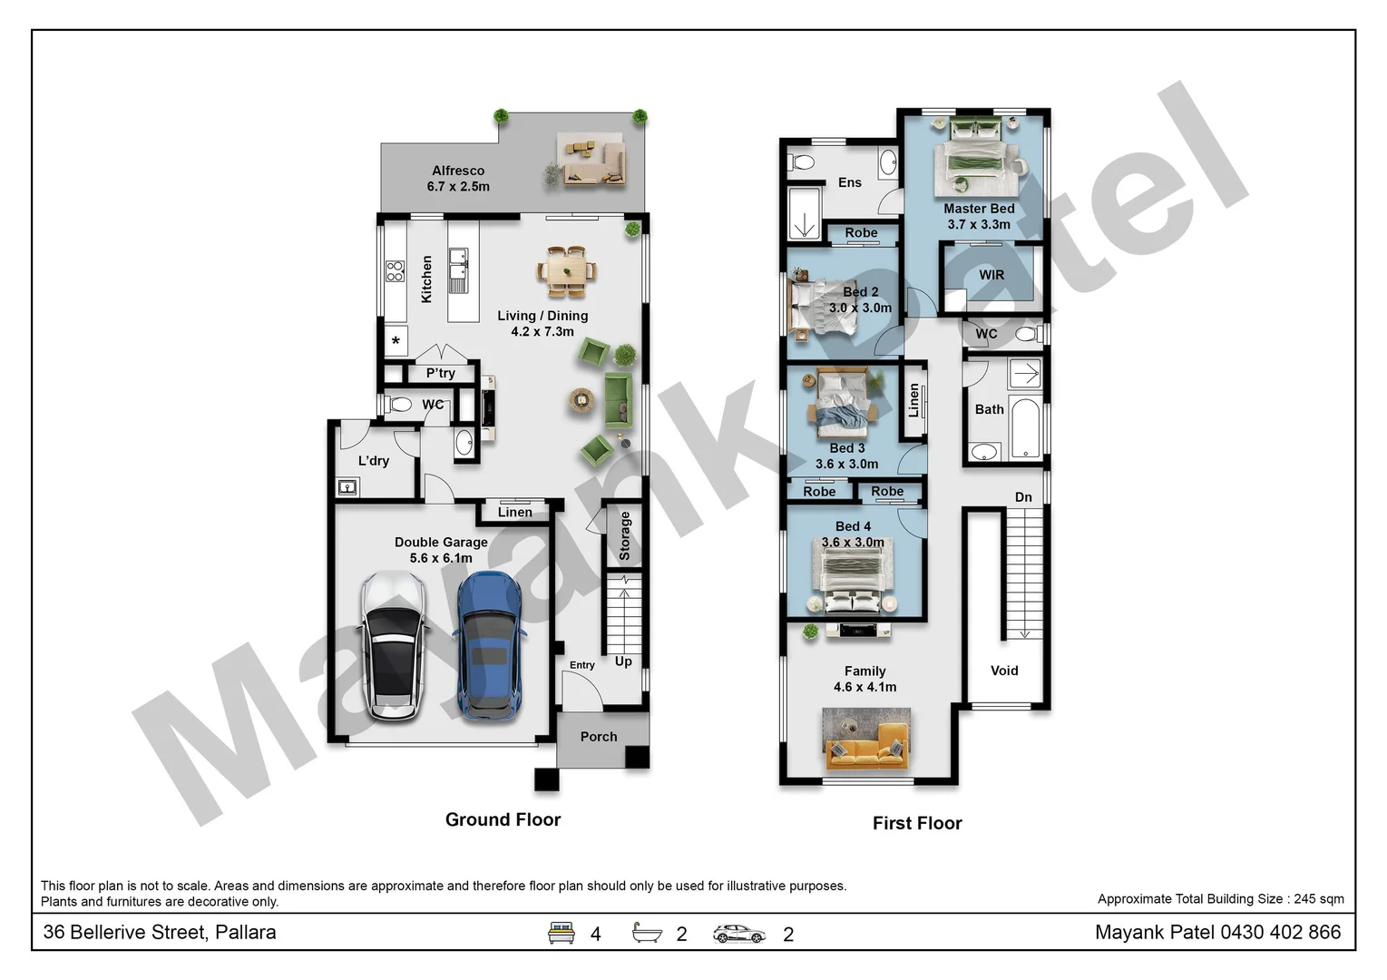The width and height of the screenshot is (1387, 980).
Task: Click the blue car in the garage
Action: pos(488,646)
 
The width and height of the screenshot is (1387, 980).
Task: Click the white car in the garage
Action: pos(394,646)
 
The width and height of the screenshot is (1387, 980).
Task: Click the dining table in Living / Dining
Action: pos(567,270)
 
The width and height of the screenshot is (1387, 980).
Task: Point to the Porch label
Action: pos(599,737)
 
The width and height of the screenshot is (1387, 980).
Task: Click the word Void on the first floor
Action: pos(1004,671)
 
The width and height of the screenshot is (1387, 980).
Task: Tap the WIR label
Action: pos(991,275)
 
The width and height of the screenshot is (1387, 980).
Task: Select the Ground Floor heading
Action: pos(503,819)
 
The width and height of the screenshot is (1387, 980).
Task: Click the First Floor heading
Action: pos(917,823)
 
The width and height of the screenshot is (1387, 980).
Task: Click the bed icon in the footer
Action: pos(562,933)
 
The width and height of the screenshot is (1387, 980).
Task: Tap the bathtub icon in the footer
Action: pos(647,933)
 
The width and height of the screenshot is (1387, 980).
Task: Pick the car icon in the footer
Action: pos(738,933)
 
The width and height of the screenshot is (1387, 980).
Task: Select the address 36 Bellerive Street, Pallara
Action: pos(160,932)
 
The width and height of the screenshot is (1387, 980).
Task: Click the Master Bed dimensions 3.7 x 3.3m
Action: pos(979,224)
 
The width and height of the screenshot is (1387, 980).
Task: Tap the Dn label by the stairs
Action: pos(1023,497)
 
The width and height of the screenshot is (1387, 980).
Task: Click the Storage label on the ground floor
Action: pos(624,535)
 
